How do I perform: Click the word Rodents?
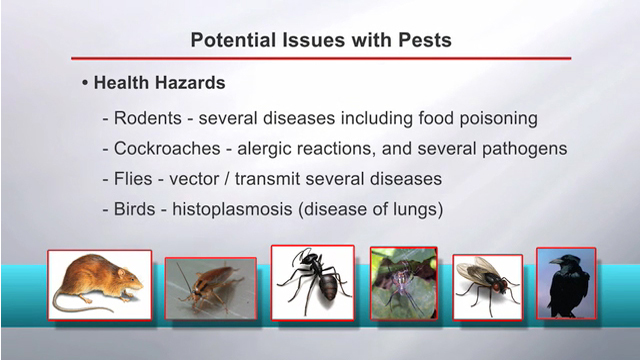point(147,118)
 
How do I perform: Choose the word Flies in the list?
point(133,180)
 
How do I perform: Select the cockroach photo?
point(210,288)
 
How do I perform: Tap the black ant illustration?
point(312,282)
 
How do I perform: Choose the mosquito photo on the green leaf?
point(403,283)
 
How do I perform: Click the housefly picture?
point(487,284)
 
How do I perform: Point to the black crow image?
point(565,283)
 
